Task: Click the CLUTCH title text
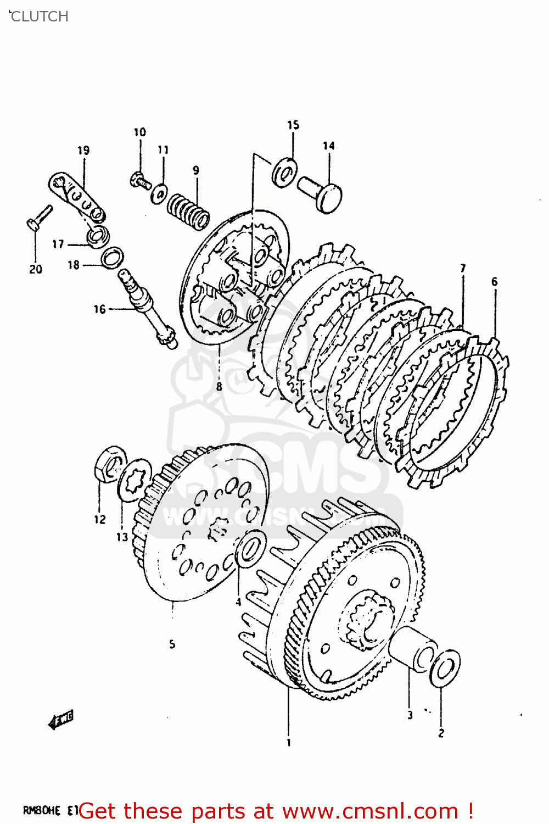click(38, 16)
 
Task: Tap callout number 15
click(293, 125)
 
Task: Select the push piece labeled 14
click(321, 192)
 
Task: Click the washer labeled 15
click(284, 172)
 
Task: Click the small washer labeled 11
click(160, 193)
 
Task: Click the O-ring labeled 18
click(112, 257)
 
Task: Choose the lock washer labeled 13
click(135, 480)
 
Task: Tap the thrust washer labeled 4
click(251, 548)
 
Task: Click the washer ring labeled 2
click(445, 669)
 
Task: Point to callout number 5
click(172, 644)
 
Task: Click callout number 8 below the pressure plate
click(219, 387)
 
